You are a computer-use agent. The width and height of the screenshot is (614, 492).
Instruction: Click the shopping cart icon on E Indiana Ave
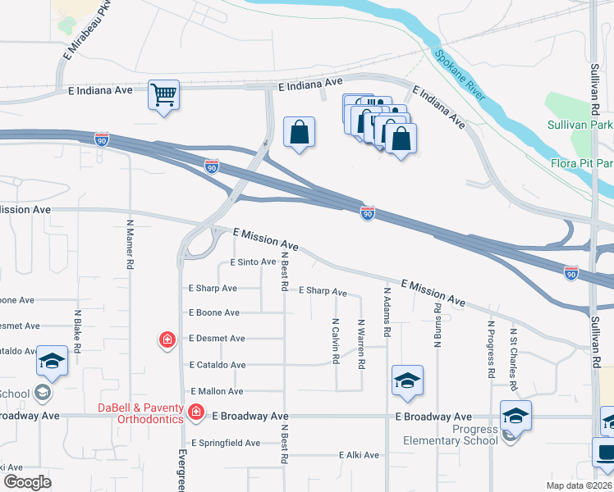click(164, 95)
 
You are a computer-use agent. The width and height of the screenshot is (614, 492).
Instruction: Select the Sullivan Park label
click(580, 125)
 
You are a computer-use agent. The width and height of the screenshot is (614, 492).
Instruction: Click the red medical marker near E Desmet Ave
click(167, 339)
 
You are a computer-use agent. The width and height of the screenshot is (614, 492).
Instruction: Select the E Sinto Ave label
click(253, 262)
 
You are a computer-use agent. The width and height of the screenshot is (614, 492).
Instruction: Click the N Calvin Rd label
click(336, 341)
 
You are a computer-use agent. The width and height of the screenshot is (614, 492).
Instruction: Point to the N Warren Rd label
click(360, 343)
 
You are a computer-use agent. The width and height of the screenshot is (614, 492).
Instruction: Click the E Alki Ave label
click(359, 454)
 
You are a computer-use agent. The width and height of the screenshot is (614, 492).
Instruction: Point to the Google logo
click(27, 482)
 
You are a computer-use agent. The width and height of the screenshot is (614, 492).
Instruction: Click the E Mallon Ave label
click(217, 391)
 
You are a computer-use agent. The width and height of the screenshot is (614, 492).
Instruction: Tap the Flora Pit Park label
click(582, 162)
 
